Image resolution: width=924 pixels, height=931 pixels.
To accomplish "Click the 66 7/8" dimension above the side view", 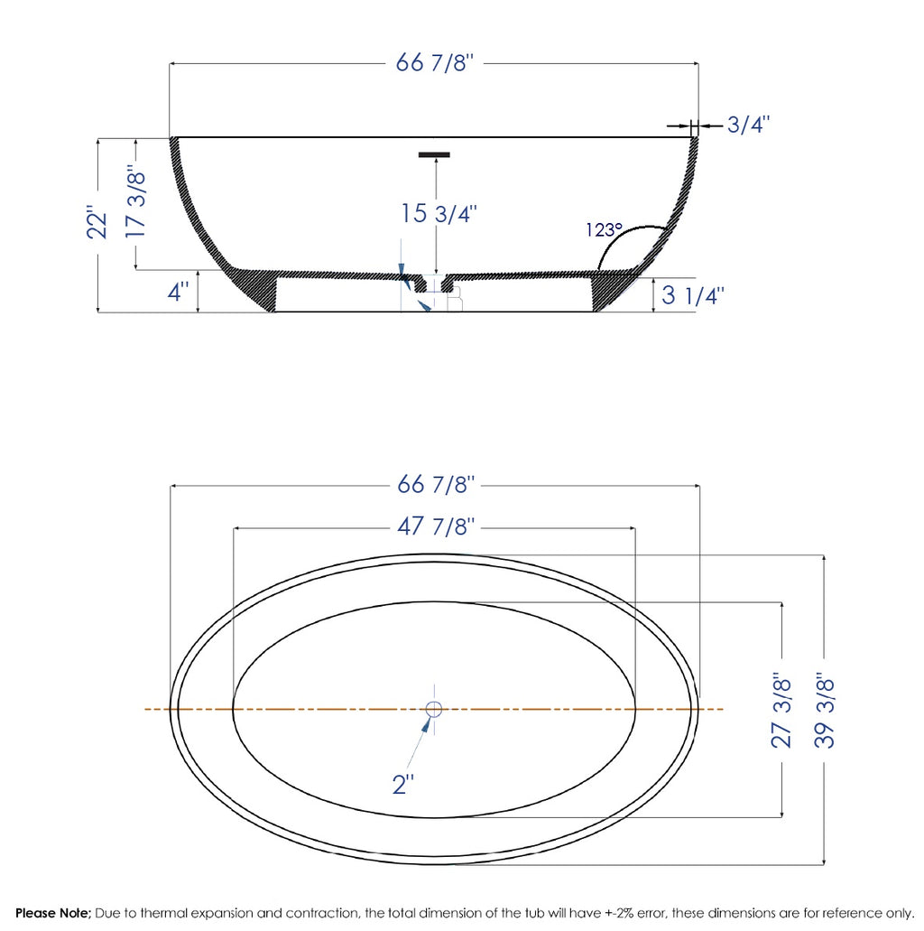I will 435,63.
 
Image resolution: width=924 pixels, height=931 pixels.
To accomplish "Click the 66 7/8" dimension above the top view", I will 436,485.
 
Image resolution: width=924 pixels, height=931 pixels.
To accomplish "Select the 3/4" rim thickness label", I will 748,126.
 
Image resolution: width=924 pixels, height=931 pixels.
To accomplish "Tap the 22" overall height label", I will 98,224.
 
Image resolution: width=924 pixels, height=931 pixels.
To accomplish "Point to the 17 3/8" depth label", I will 135,202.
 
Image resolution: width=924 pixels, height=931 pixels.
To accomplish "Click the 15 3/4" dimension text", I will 439,214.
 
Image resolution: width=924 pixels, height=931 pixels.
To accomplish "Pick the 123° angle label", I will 604,230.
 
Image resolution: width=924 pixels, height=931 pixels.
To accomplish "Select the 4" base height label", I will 179,293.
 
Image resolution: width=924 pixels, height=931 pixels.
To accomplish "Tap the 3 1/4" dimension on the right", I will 693,295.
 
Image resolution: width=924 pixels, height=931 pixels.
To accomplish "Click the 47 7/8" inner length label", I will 436,526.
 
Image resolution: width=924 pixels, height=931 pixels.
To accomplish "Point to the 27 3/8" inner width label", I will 782,709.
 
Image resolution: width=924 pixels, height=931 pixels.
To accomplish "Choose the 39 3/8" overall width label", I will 825,709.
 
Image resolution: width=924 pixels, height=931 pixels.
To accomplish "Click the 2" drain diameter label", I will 402,785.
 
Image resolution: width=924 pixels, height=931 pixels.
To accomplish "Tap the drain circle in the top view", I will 433,709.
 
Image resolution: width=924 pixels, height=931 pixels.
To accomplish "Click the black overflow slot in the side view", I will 434,154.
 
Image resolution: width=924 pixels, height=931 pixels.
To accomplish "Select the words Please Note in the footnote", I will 52,913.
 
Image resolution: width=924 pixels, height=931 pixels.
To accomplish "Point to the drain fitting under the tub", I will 447,294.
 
